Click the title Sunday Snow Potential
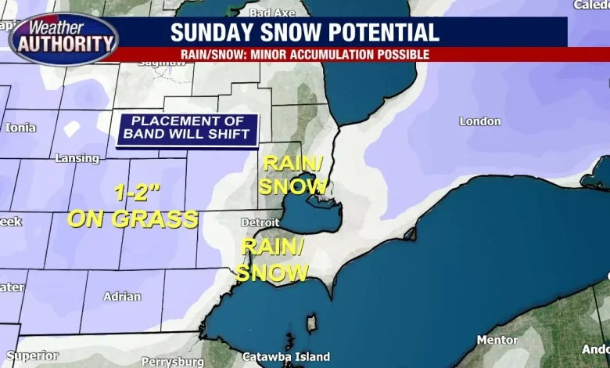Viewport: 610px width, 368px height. (304, 32)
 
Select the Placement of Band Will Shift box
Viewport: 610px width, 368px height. (188, 128)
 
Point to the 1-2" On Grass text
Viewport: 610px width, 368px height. (132, 207)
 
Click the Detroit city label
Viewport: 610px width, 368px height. (260, 223)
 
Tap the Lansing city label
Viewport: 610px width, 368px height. (77, 158)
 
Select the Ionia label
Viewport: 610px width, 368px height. (20, 128)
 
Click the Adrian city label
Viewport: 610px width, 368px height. (122, 297)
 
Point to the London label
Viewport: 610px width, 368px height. (479, 121)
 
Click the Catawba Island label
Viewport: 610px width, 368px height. (285, 356)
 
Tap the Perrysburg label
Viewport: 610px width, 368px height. (166, 362)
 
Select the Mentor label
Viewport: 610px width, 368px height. (497, 340)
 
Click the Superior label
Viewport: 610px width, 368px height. (32, 355)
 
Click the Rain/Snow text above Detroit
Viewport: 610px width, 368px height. (292, 175)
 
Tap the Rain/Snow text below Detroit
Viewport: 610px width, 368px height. (271, 260)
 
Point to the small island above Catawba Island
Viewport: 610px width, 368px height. (313, 323)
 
